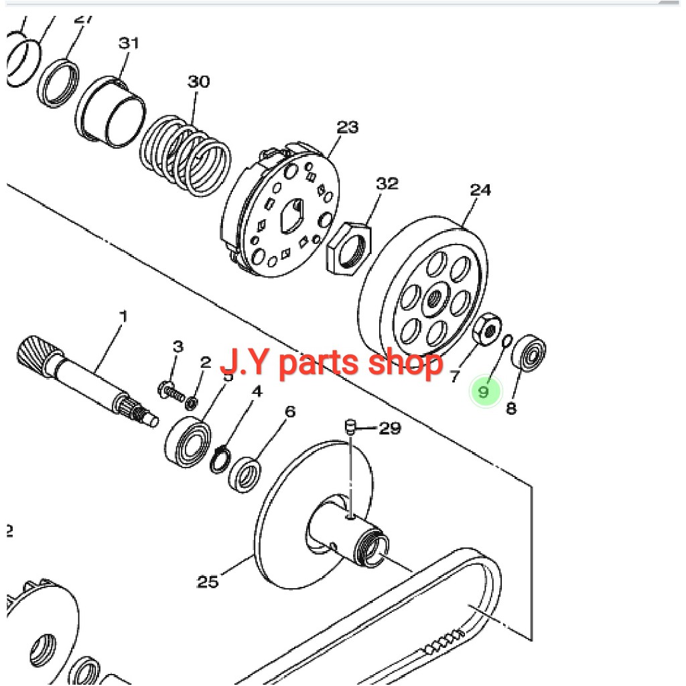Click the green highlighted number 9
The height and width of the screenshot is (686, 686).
tap(484, 391)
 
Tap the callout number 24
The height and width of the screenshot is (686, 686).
tap(480, 190)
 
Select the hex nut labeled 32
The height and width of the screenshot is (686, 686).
tap(348, 249)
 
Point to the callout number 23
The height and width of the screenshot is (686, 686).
tap(347, 127)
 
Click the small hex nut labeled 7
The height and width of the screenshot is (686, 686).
tap(485, 328)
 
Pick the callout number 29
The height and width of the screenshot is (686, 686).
tap(389, 428)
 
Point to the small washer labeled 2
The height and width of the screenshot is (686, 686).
tap(191, 402)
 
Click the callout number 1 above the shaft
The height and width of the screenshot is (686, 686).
tap(123, 315)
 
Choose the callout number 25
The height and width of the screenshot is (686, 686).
tap(208, 581)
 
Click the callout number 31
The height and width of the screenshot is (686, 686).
tap(129, 44)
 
